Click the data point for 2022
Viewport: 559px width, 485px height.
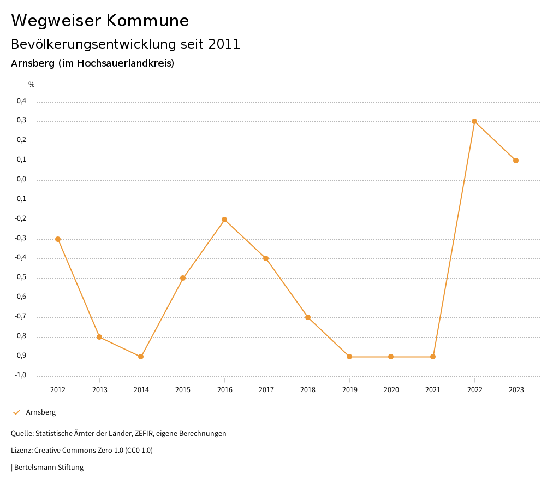(474, 121)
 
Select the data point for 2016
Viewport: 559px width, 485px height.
(224, 220)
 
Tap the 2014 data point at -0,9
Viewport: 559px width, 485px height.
(141, 357)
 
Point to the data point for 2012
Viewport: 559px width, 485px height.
(58, 239)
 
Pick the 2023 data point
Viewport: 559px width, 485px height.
(516, 161)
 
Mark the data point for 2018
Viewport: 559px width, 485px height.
(308, 317)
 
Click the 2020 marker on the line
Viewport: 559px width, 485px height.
(391, 357)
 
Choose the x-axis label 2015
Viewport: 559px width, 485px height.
(183, 390)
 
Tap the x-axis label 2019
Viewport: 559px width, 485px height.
(349, 390)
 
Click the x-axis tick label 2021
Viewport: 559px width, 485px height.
(433, 390)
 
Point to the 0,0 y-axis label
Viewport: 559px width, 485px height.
(21, 179)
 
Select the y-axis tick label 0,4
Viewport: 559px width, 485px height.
(21, 101)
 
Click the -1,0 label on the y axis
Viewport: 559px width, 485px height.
(20, 375)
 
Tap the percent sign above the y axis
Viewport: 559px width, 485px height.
(32, 85)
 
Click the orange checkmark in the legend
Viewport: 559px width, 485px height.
(16, 412)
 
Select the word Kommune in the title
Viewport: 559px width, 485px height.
(147, 21)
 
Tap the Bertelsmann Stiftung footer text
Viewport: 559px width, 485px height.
(49, 468)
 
